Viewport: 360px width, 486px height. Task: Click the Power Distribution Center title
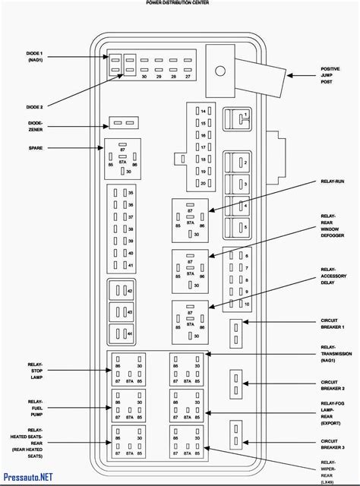tap(178, 3)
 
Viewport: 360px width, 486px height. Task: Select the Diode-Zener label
tap(36, 125)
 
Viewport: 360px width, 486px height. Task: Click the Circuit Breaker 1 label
tap(333, 323)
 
